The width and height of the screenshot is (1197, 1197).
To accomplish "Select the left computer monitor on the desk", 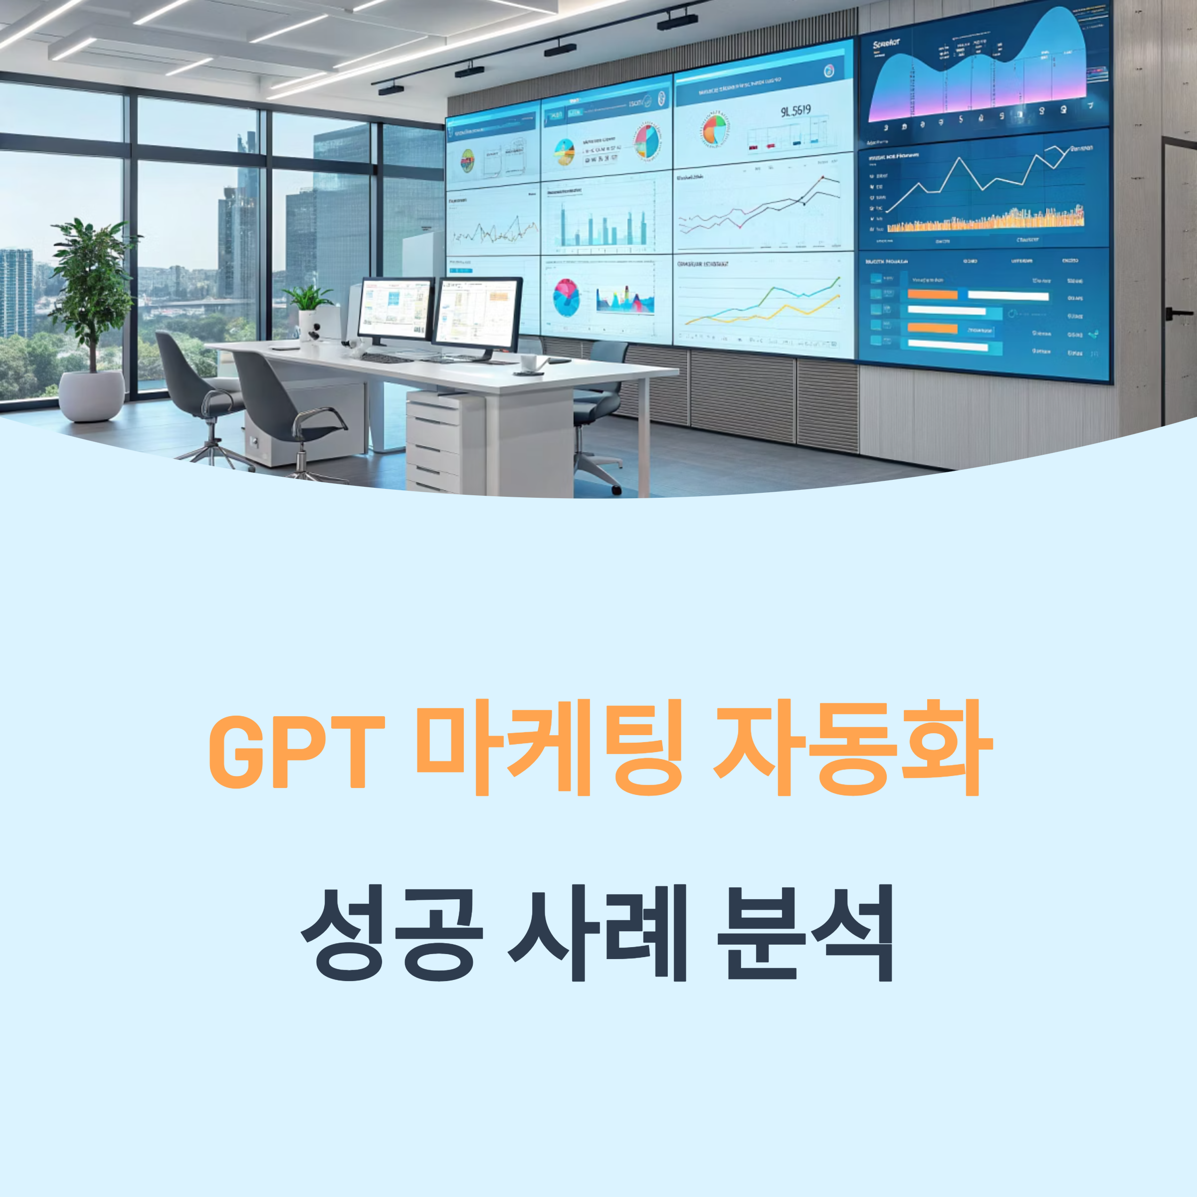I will (x=396, y=309).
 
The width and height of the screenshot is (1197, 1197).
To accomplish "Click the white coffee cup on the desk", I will (x=528, y=363).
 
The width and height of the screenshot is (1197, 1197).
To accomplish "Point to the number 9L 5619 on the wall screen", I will (x=795, y=112).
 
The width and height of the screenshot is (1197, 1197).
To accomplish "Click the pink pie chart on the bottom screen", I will (x=566, y=297).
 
